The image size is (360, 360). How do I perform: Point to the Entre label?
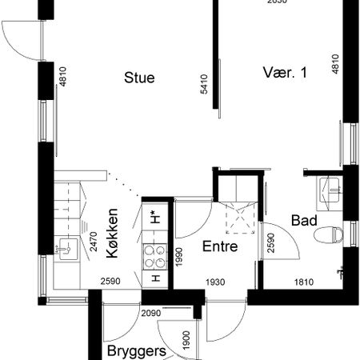click(x=219, y=247)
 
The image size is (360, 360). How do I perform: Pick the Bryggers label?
click(x=137, y=351)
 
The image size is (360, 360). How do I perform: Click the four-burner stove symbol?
click(x=152, y=257)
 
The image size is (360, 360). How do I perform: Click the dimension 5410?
click(x=205, y=86)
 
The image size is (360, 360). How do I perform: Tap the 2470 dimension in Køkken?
click(x=94, y=242)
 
